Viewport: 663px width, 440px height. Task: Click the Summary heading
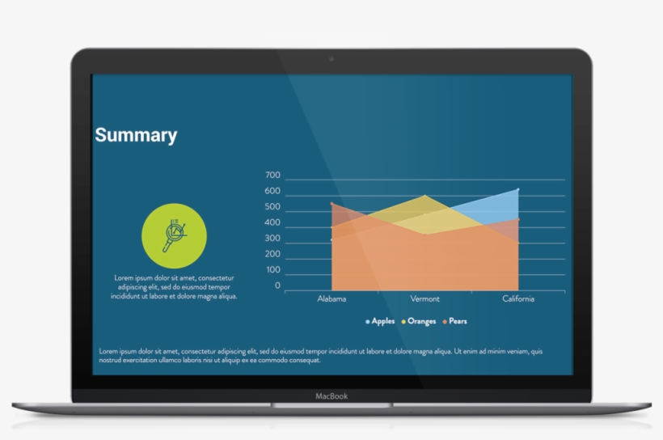tap(136, 135)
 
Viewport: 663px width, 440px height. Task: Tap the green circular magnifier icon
tap(174, 235)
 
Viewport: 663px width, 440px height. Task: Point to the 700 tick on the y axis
tap(272, 176)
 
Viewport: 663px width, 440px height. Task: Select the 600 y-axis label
tap(272, 192)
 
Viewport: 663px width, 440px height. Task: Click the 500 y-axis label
tap(272, 207)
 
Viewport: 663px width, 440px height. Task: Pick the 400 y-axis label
tap(272, 222)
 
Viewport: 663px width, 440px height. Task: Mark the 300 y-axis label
tap(272, 239)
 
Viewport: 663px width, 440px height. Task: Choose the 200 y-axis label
tap(272, 254)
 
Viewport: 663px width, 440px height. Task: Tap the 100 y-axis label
tap(272, 269)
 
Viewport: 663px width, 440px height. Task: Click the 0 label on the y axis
tap(277, 286)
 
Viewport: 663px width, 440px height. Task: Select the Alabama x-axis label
tap(331, 299)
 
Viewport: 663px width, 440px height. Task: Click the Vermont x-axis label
tap(424, 299)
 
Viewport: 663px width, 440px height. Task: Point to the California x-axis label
tap(518, 299)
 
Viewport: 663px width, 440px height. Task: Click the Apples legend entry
tap(381, 321)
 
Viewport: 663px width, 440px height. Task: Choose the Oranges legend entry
tap(419, 321)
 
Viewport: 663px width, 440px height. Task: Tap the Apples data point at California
tap(517, 190)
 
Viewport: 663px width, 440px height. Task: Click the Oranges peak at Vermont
tap(424, 196)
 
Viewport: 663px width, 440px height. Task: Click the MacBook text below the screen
tap(331, 396)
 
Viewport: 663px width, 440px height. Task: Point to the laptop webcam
tap(331, 59)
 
